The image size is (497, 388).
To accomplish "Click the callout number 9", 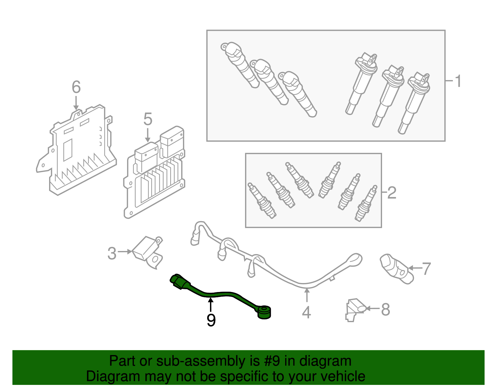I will click(211, 320).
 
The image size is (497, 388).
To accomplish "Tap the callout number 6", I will click(76, 87).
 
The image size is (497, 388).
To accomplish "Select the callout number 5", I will click(148, 120).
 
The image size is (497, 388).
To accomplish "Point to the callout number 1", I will click(458, 81).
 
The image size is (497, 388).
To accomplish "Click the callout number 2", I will click(392, 193).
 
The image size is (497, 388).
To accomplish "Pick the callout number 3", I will click(112, 253).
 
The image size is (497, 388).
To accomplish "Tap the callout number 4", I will click(306, 312).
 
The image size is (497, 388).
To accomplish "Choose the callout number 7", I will click(426, 269).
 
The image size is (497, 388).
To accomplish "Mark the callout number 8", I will click(385, 310).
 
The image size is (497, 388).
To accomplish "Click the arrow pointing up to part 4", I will click(307, 295).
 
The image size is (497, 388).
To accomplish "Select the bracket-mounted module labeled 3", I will click(148, 252).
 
